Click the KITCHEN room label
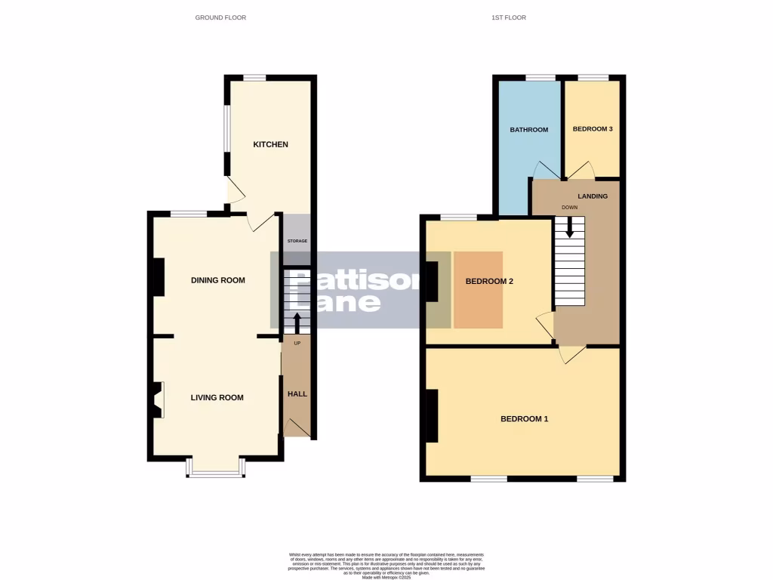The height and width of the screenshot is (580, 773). point(270,144)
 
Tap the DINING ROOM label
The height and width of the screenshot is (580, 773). point(218,280)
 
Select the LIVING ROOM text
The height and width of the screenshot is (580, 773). point(217,397)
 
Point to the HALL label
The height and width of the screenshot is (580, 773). point(297,393)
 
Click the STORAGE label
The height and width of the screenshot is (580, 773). point(297,241)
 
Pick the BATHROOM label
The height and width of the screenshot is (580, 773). point(528,130)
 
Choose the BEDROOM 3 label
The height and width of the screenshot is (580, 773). point(593,129)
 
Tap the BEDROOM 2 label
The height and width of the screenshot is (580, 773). point(489,282)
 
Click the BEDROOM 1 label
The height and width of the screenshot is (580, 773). point(525,418)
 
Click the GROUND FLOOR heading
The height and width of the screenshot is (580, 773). point(220,17)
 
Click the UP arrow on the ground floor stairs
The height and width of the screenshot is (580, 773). point(296,323)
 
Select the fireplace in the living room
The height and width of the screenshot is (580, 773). point(157,400)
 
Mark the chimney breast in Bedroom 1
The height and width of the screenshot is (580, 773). point(433,415)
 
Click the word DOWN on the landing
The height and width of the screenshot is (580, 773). point(569,207)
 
